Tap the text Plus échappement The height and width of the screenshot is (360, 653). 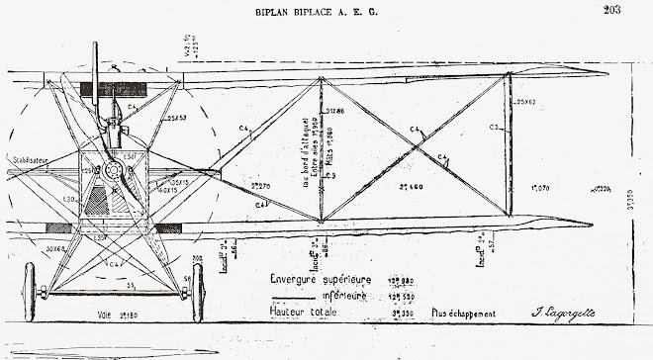pos(463,315)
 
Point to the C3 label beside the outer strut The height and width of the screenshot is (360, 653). pos(493,128)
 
